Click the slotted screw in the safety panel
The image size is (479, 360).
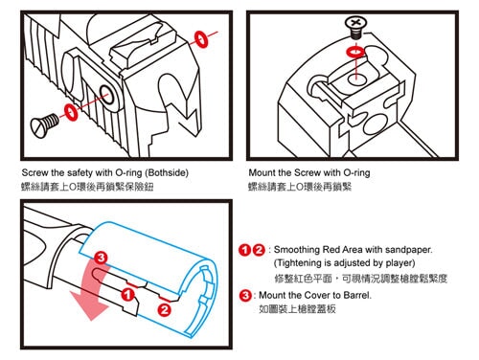coord(44,125)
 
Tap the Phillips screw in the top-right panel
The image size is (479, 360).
coord(355,28)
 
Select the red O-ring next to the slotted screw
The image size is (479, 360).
coord(71,112)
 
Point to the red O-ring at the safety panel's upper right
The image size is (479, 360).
coord(201,39)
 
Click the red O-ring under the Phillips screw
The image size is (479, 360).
coord(355,52)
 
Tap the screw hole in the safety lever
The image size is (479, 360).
coord(106,95)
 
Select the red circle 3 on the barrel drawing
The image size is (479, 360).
coord(101,258)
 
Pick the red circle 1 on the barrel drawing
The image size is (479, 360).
coord(127,294)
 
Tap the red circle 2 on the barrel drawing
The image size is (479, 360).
coord(165,309)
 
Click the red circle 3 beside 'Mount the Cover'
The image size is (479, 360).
coord(245,295)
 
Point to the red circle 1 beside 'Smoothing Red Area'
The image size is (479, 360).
coord(244,250)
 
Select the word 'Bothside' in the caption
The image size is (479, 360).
coord(167,173)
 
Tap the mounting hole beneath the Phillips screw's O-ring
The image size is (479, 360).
coord(356,79)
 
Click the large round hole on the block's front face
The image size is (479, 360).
coord(375,123)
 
